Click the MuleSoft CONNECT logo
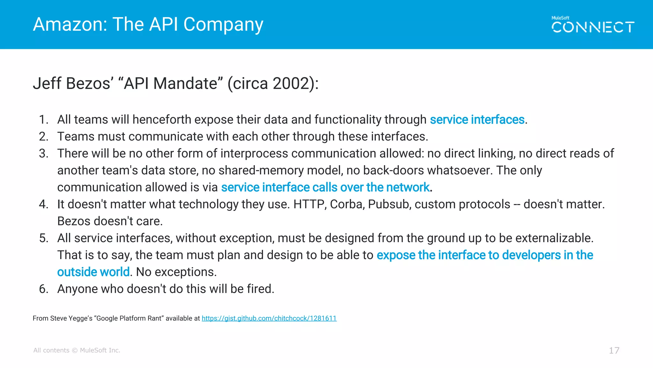593,25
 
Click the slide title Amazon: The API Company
148,24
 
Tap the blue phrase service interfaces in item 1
477,119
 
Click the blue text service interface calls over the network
325,187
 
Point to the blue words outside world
93,272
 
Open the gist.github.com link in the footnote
269,318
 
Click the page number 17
614,350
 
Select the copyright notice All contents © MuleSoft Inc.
77,350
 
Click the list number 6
43,289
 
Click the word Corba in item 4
347,204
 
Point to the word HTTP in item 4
310,204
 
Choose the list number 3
43,153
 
